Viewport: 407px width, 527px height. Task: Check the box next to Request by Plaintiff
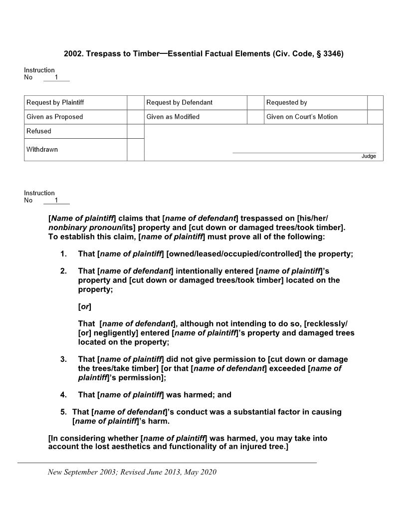(x=135, y=102)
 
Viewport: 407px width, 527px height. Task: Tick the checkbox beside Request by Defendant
(x=255, y=102)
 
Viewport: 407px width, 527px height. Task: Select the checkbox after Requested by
(x=375, y=102)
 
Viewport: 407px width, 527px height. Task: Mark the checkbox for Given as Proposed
(x=135, y=117)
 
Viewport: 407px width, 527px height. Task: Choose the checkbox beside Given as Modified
(x=255, y=117)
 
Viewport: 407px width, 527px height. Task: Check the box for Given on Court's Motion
(x=375, y=117)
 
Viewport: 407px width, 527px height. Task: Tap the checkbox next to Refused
(x=135, y=131)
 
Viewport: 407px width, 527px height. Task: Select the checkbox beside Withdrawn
(x=135, y=150)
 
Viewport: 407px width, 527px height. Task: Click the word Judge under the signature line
(x=369, y=156)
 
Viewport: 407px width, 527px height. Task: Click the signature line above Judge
(x=304, y=153)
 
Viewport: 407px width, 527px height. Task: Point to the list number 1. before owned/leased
(x=63, y=254)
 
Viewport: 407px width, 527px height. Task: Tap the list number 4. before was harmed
(x=63, y=395)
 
